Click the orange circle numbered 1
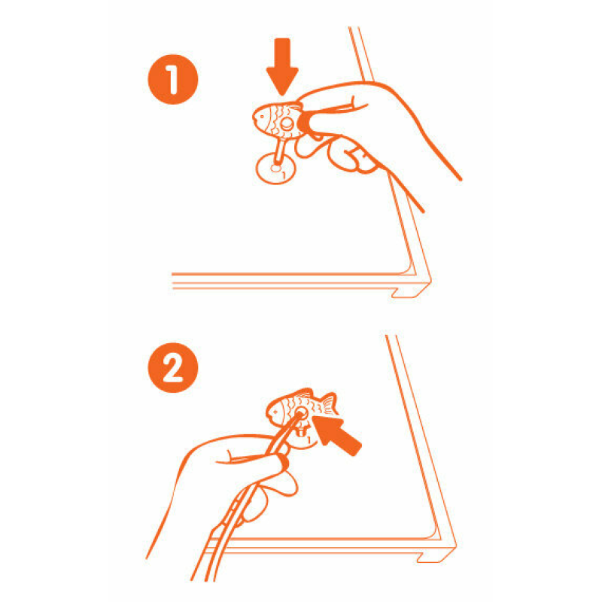173,79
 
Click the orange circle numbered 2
173,367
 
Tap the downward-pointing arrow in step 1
282,66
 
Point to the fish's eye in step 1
262,116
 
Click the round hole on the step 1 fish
287,123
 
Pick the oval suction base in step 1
276,168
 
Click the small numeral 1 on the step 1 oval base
284,175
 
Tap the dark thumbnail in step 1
304,123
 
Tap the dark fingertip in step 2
284,461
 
